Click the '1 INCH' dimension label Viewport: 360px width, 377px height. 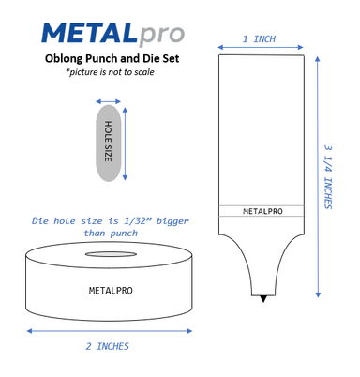tap(260, 39)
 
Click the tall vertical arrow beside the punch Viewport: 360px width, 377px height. tap(316, 177)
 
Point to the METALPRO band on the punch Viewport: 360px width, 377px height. tap(262, 211)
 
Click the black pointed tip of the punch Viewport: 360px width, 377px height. tap(262, 298)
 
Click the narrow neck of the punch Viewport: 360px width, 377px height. tap(262, 278)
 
